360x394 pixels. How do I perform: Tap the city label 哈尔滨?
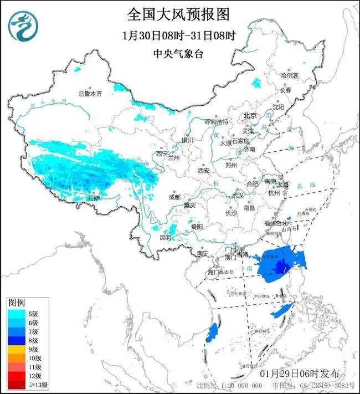[x=289, y=75]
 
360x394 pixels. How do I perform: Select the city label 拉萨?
[x=95, y=197]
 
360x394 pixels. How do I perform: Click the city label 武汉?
[x=238, y=195]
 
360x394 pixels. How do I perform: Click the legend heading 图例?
[x=16, y=304]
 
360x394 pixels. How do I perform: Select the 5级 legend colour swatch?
[x=17, y=314]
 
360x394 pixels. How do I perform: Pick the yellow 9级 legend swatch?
[x=17, y=349]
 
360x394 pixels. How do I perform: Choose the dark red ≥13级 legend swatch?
[x=17, y=385]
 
